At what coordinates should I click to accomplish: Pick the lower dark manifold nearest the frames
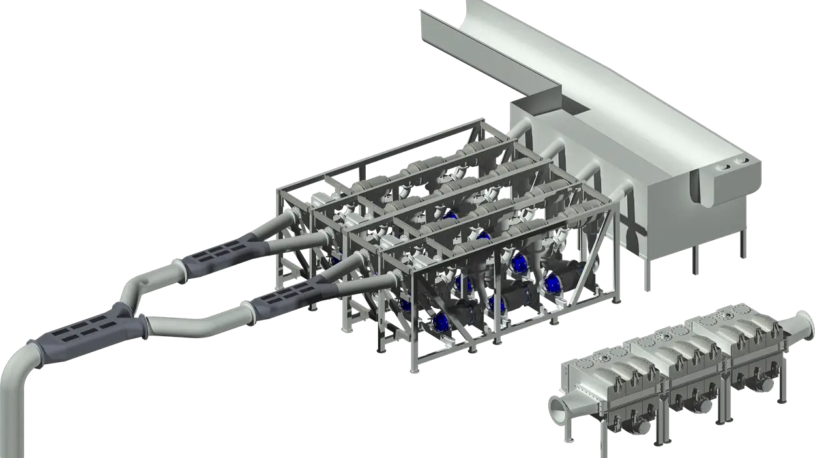pyautogui.click(x=287, y=300)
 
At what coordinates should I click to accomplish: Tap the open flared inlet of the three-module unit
pyautogui.click(x=561, y=409)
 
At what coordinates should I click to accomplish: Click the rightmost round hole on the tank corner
pyautogui.click(x=742, y=159)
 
